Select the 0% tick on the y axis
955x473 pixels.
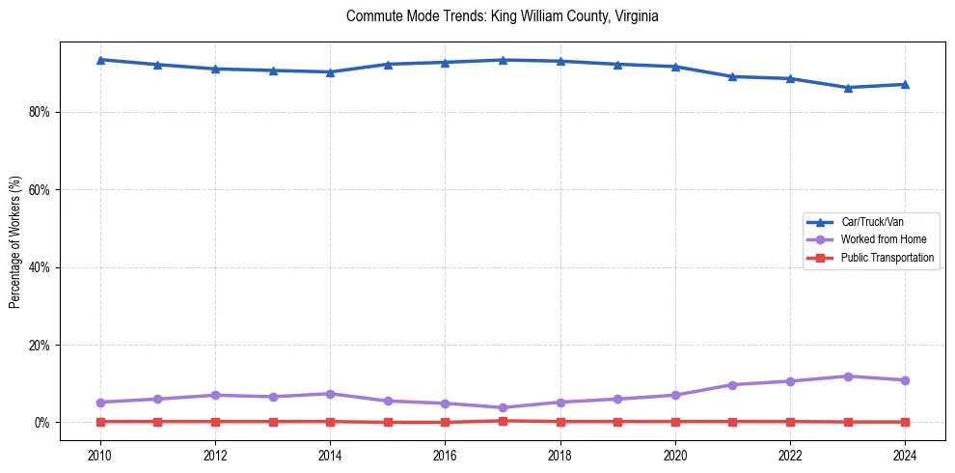point(41,423)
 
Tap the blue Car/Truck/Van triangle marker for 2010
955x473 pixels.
point(100,60)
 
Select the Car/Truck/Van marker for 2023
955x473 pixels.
point(848,88)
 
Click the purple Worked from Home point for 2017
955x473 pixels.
point(503,407)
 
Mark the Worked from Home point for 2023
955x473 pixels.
point(848,376)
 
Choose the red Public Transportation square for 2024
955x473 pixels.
point(905,422)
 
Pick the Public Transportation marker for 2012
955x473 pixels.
point(215,421)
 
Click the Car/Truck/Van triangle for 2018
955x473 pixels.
point(560,61)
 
